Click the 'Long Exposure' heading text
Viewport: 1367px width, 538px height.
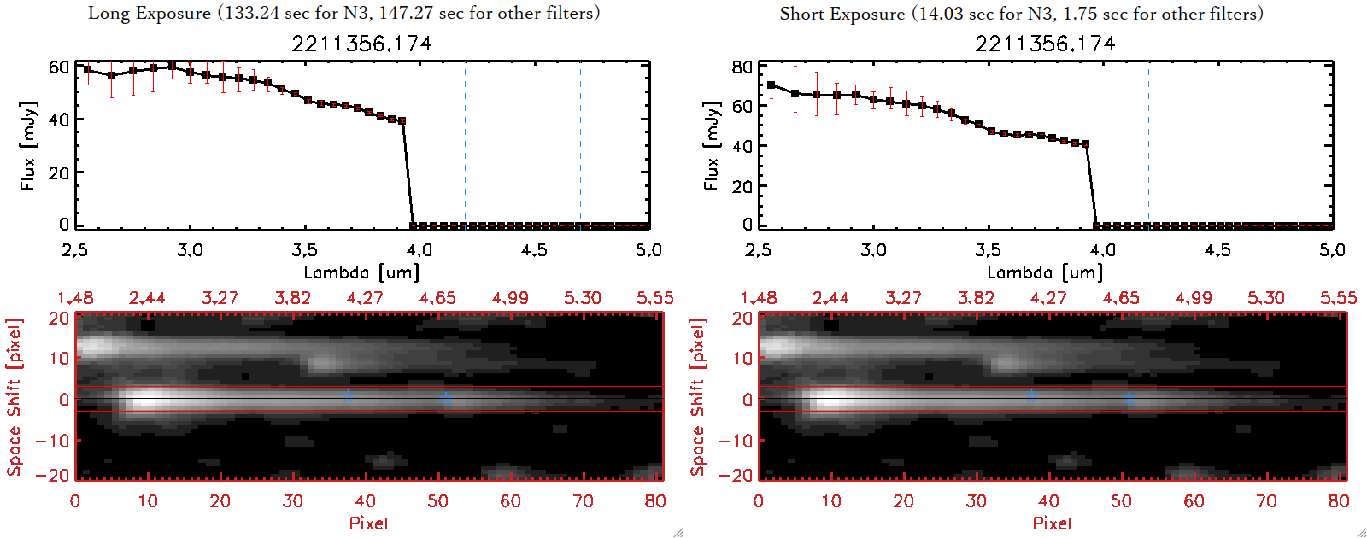[150, 13]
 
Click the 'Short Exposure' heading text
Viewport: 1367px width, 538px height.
[842, 14]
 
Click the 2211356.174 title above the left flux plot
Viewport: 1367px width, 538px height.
[361, 44]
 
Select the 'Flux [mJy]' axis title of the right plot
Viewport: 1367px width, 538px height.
[711, 145]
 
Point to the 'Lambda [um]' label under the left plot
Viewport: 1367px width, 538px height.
[361, 272]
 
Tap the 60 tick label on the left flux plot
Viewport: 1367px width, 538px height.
[58, 67]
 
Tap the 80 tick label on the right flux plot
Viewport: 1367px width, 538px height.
[742, 67]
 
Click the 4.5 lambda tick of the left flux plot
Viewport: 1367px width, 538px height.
[534, 250]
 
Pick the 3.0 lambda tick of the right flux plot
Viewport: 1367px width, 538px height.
[873, 250]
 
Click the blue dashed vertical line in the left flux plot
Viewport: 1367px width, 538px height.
[465, 145]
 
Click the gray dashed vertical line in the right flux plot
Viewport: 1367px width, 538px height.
[1264, 145]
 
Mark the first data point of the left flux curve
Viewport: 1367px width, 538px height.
[87, 70]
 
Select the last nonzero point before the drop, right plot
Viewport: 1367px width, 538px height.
[1086, 144]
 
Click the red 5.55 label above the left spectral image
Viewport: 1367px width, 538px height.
[654, 298]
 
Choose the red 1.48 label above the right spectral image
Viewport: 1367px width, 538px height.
[759, 298]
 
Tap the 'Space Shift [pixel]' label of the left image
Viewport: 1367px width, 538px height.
[14, 397]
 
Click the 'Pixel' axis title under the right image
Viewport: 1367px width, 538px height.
[1052, 523]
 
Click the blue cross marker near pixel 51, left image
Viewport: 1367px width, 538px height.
[445, 398]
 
